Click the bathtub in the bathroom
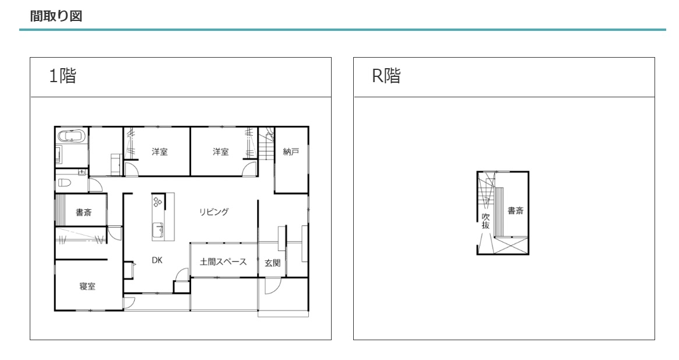click(x=72, y=137)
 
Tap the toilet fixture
click(x=64, y=182)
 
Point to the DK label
click(x=157, y=261)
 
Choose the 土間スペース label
click(x=223, y=262)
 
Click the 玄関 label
click(x=272, y=263)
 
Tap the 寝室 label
click(x=87, y=286)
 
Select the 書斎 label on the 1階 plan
click(x=83, y=213)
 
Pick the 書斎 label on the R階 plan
click(x=515, y=211)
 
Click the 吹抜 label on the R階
click(x=485, y=221)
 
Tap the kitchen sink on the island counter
click(x=158, y=231)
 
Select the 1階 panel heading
click(x=62, y=76)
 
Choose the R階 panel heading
click(x=386, y=76)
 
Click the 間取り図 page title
click(x=51, y=16)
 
